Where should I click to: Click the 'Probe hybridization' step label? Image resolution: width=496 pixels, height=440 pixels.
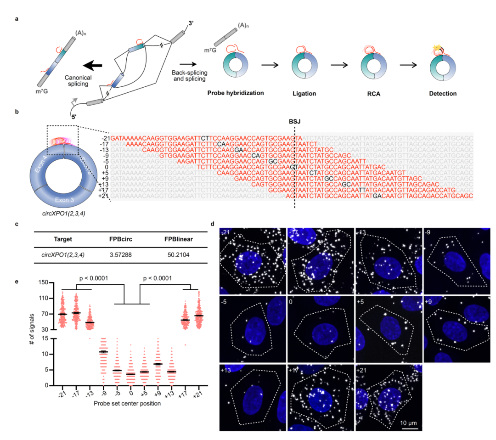236,93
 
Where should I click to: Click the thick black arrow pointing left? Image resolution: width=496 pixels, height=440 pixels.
77,65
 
